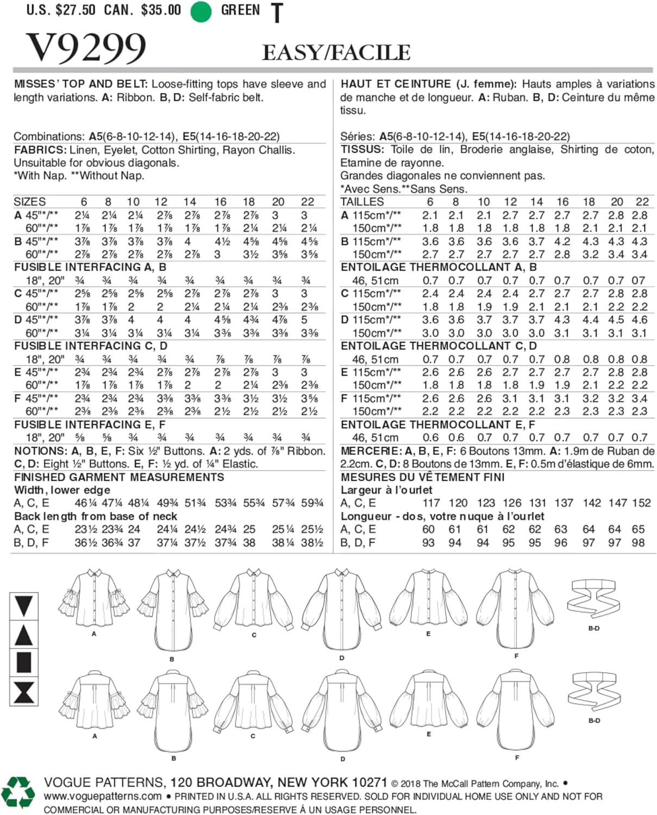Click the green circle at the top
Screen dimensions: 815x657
coord(201,11)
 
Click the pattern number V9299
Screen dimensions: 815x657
coord(86,48)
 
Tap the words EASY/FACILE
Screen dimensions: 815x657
coord(336,53)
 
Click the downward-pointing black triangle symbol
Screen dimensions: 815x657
coord(24,605)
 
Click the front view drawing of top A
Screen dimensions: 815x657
coord(94,598)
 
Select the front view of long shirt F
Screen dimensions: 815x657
coord(516,609)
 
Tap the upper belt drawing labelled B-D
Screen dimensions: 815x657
coord(593,600)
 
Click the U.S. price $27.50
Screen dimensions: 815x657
coord(78,10)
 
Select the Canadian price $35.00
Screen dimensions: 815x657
coord(161,10)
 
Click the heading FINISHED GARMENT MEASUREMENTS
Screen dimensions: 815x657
coord(119,477)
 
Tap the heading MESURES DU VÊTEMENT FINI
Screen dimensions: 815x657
coord(423,477)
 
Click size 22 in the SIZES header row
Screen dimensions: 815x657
coord(307,202)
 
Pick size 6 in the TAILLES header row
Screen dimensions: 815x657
coord(430,202)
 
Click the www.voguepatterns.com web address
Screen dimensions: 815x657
coord(103,797)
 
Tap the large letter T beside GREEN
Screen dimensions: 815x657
coord(277,13)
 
